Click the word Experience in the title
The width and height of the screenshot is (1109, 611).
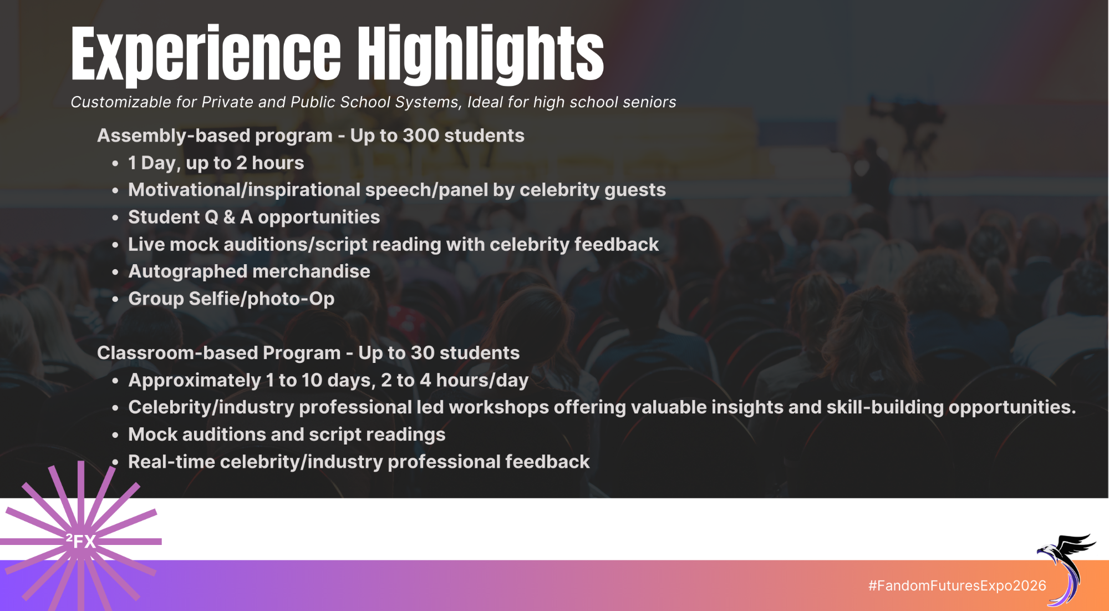206,54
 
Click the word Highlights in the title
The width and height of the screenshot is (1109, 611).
480,54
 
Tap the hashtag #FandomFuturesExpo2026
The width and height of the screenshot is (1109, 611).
957,585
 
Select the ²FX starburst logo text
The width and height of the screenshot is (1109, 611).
81,541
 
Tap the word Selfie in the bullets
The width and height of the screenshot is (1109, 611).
213,299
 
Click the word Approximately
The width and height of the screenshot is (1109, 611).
195,381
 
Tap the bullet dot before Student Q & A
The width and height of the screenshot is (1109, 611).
115,218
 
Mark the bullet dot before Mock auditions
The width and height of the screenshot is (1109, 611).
115,435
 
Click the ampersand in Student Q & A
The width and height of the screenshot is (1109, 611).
229,217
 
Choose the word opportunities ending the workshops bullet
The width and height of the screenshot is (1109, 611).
1012,408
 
